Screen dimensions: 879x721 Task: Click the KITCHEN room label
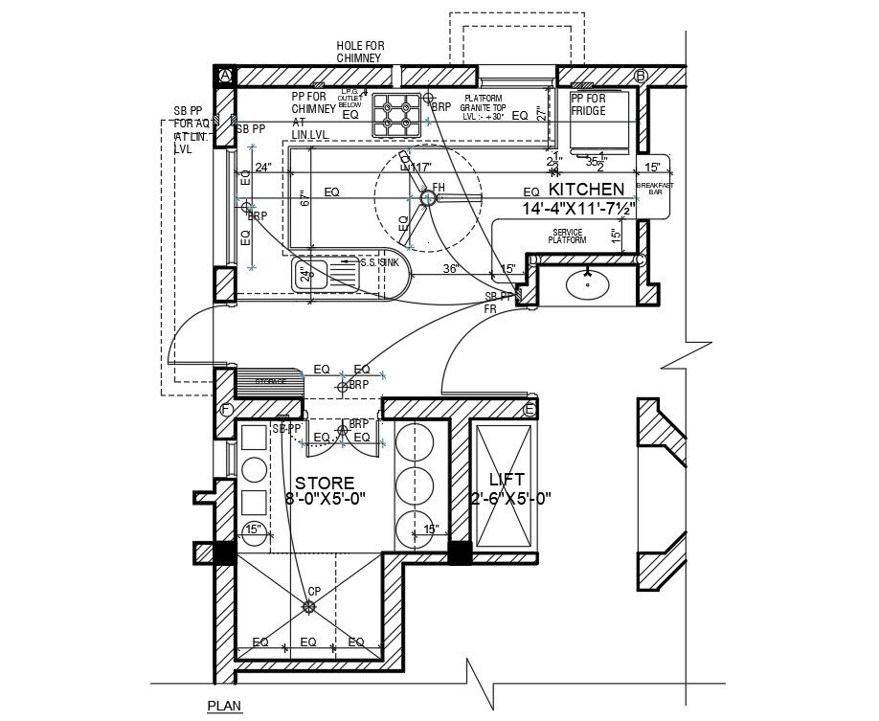click(586, 190)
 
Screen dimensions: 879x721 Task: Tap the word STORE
click(324, 483)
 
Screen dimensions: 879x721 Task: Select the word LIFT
click(507, 480)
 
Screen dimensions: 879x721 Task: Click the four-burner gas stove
click(396, 113)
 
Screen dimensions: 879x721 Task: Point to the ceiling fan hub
click(428, 198)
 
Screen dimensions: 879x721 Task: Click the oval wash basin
click(583, 283)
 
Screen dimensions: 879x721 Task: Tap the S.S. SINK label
click(378, 261)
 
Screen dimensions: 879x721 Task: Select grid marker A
click(226, 75)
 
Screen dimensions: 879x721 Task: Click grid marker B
click(641, 76)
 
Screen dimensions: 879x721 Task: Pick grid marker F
click(227, 411)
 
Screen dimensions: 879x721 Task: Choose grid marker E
click(530, 410)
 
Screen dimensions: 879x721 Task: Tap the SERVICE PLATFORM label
click(574, 237)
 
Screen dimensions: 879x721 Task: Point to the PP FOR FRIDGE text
click(588, 104)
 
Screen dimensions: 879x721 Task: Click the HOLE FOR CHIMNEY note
click(359, 52)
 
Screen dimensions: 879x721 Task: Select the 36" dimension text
click(452, 268)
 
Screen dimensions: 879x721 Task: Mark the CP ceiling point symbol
click(308, 606)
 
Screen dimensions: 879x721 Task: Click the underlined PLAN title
click(225, 707)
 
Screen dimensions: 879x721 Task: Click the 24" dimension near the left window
click(263, 169)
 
